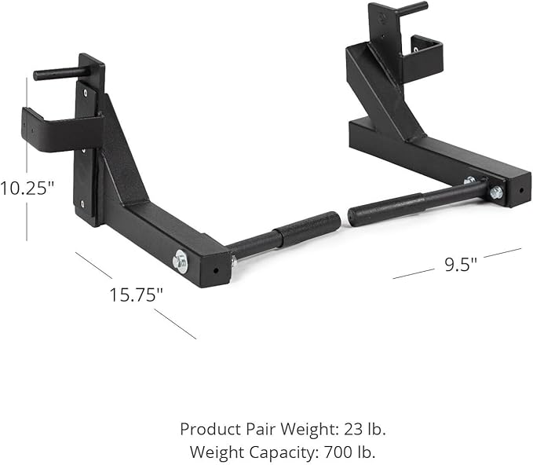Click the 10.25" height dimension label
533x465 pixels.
click(x=27, y=189)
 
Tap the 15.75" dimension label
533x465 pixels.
click(x=136, y=295)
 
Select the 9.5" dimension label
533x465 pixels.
click(x=461, y=264)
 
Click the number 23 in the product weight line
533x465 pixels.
click(x=345, y=430)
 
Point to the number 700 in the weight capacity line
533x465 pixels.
click(x=329, y=452)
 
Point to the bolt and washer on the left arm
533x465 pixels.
click(x=181, y=260)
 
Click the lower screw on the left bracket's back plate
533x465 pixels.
click(x=84, y=203)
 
